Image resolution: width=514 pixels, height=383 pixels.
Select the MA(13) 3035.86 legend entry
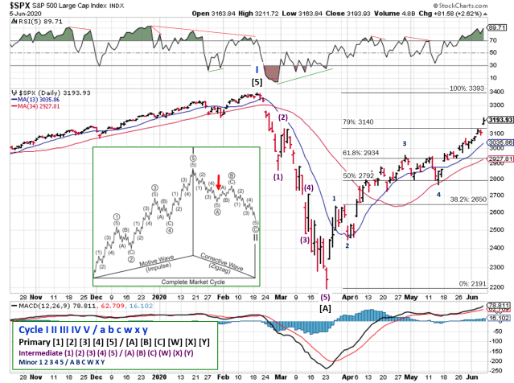pyautogui.click(x=40, y=99)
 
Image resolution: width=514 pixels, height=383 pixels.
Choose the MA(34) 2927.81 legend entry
pyautogui.click(x=40, y=106)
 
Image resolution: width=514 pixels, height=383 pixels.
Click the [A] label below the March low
pyautogui.click(x=326, y=307)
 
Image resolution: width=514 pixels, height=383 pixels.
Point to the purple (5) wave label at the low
pyautogui.click(x=325, y=296)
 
